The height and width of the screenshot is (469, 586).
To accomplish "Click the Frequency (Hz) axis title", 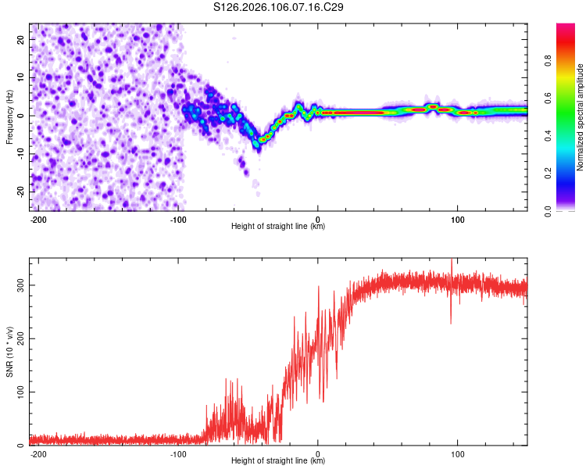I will tap(9, 117).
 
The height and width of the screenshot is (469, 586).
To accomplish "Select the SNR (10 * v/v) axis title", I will tap(9, 351).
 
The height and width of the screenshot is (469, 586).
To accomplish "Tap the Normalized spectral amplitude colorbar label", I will tap(581, 117).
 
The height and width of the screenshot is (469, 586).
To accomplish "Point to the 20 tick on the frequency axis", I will tap(20, 39).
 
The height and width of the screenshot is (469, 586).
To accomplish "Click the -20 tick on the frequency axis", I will tap(18, 192).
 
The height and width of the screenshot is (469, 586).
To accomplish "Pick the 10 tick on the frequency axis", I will tap(20, 77).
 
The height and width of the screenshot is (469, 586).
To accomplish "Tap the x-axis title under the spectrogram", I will tap(278, 227).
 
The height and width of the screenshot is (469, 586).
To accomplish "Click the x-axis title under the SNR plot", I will tap(278, 461).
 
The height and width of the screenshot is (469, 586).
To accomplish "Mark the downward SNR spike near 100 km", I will tap(451, 322).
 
